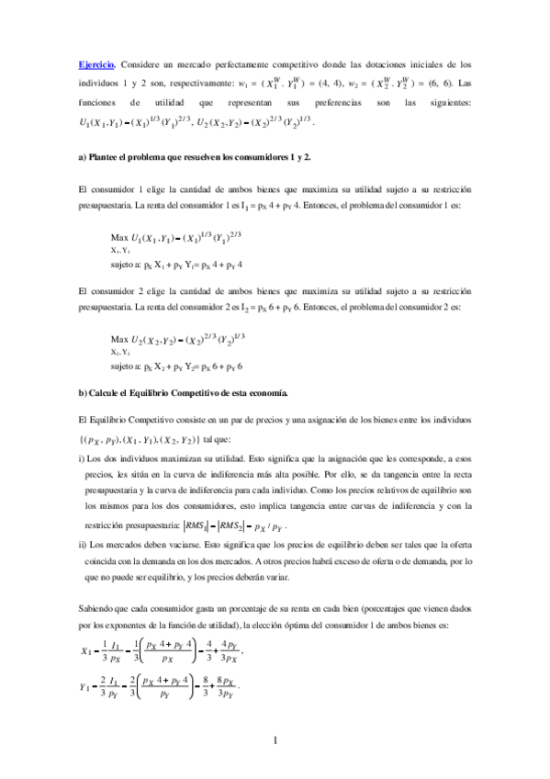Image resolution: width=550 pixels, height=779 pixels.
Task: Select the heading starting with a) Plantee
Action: tap(196, 157)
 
